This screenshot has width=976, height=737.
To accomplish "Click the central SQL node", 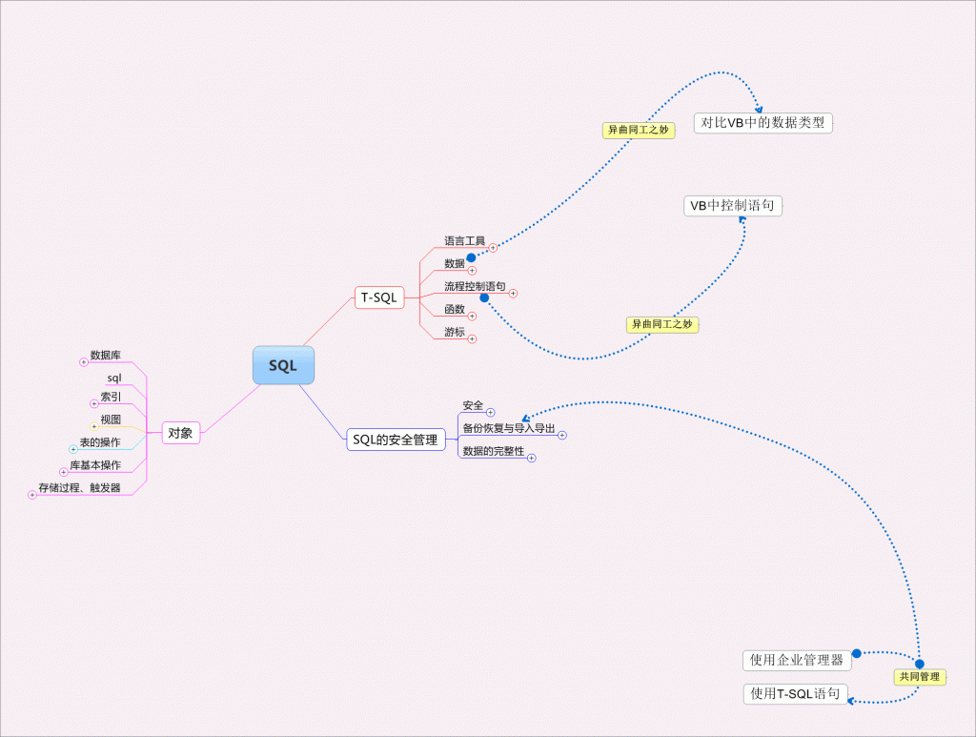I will pos(283,365).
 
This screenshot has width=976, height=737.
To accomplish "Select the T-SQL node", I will pos(378,297).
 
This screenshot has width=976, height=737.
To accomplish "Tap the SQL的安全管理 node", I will pos(395,440).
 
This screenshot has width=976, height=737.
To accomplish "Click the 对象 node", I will pos(180,433).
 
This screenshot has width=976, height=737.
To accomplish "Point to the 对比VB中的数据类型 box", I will pos(762,122).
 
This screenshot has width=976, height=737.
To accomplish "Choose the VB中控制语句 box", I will pos(732,205).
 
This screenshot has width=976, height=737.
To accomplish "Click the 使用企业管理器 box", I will pos(796,660).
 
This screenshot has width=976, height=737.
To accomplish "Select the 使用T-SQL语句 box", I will pos(796,693).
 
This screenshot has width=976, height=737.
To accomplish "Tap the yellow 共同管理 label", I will pos(919,677).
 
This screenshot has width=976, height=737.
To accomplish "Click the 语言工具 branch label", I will pos(464,240).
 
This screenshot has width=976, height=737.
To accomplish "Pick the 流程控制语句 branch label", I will pos(475,286).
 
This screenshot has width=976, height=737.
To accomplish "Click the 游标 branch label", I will pos(454,332).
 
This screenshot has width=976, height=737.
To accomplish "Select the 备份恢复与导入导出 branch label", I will pos(508,428).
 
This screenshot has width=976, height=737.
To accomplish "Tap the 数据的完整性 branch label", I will pos(493,451).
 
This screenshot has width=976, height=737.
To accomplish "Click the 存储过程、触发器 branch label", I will pos(79,487).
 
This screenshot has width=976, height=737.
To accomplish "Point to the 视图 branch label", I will pos(111,419).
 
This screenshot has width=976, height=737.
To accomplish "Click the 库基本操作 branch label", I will pos(95,464).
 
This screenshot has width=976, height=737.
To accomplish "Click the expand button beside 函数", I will pos(472,316).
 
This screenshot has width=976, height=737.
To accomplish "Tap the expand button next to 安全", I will pos(490,412).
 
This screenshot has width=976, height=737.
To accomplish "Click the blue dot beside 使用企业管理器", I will pos(856,653).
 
